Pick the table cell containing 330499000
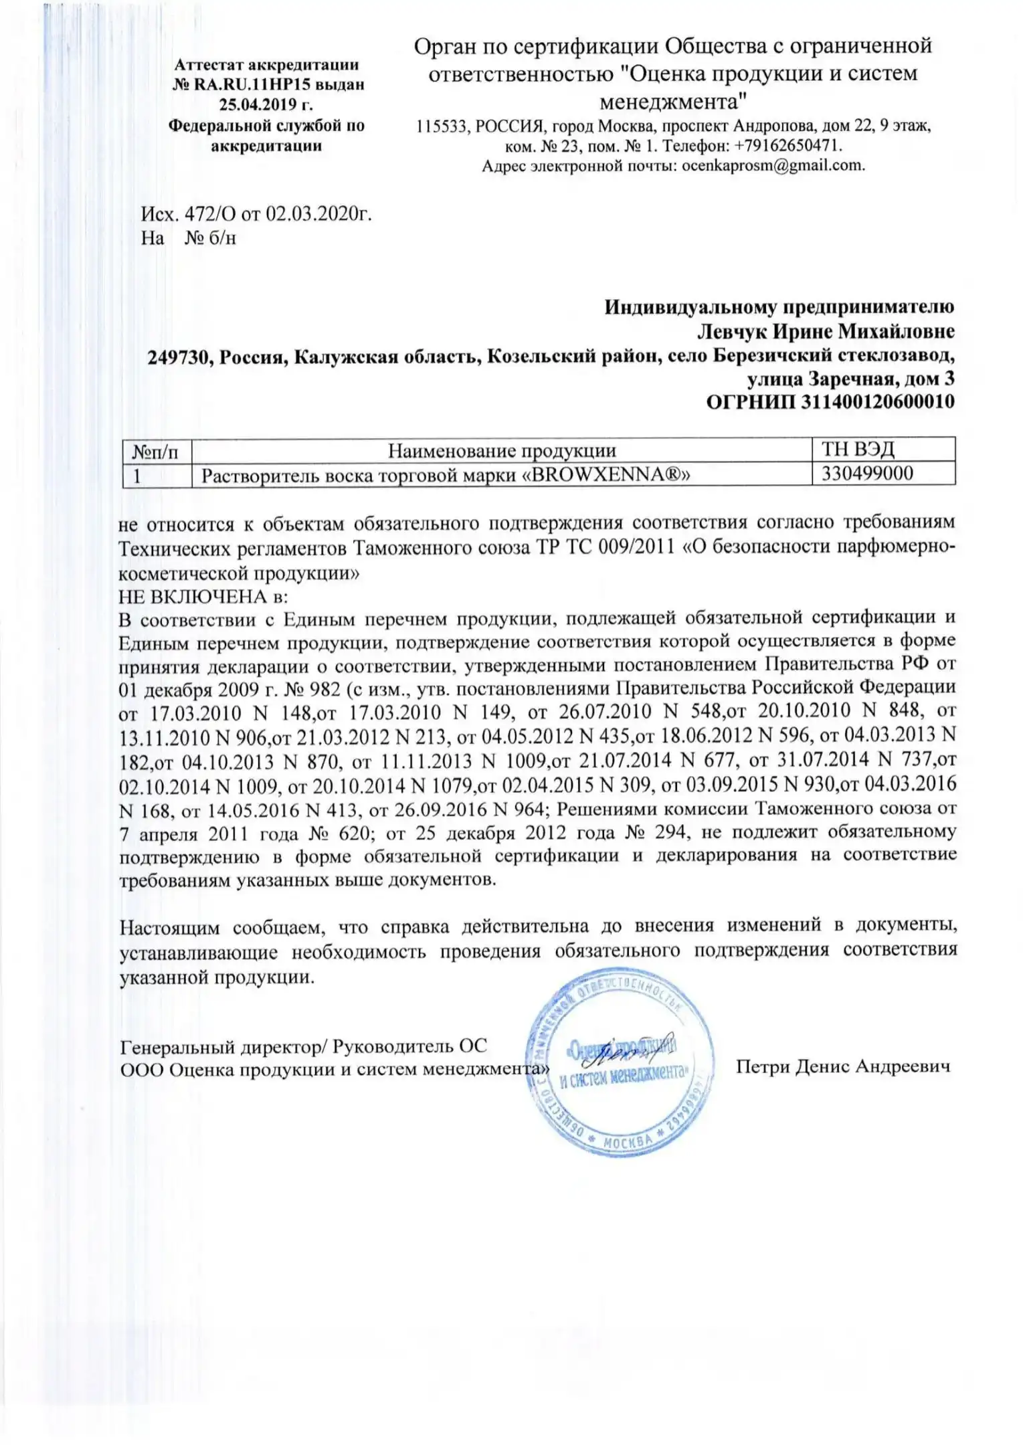pyautogui.click(x=867, y=474)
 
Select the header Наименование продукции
pyautogui.click(x=502, y=451)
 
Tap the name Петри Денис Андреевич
pyautogui.click(x=843, y=1066)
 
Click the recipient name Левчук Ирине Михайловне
pyautogui.click(x=826, y=332)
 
